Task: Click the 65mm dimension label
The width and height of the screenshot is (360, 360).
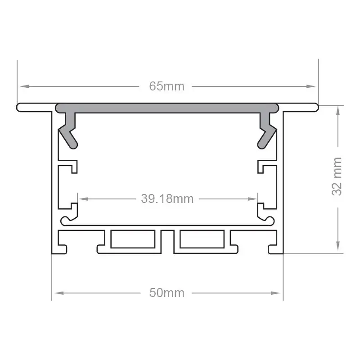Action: (x=167, y=86)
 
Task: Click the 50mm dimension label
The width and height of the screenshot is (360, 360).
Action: (x=167, y=293)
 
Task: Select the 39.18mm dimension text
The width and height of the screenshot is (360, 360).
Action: (x=167, y=198)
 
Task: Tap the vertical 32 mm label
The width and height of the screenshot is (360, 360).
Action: (x=337, y=176)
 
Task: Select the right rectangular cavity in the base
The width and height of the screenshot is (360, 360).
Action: (x=202, y=239)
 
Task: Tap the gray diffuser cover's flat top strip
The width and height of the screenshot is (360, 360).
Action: (x=167, y=108)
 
